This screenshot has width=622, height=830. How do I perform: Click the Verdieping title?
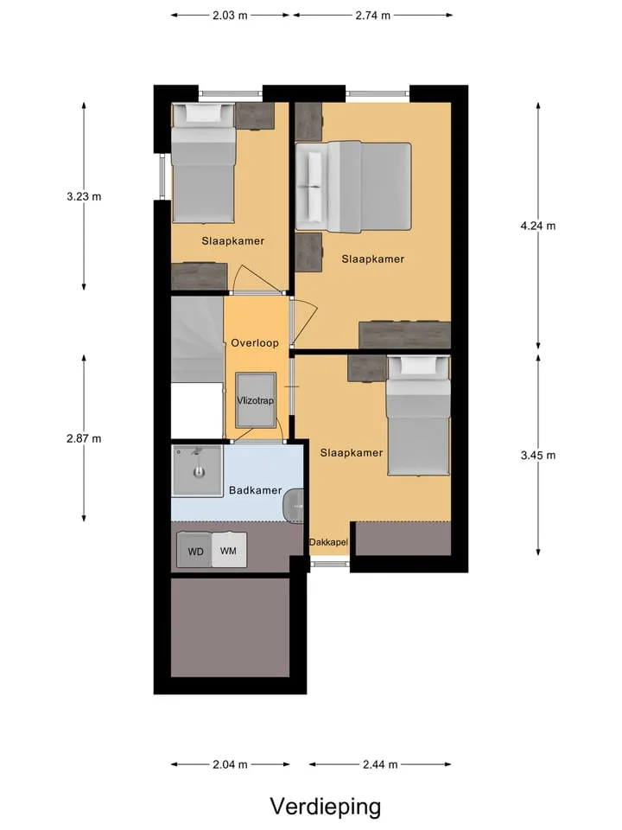point(326,807)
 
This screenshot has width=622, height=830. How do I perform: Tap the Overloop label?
point(255,343)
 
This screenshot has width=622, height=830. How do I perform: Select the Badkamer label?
point(255,490)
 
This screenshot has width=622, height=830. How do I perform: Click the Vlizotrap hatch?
point(256,400)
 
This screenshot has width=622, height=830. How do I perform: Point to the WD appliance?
point(194,551)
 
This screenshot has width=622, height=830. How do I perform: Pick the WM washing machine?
point(229,551)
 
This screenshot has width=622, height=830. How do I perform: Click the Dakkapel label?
point(328,542)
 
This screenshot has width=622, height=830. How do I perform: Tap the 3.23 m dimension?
point(84,196)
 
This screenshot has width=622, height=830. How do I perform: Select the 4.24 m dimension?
point(538,226)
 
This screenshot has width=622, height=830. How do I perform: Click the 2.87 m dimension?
point(84,438)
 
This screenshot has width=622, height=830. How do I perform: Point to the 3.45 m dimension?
point(538,456)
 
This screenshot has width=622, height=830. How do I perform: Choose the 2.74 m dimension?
point(373,16)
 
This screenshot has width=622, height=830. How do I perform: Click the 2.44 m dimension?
point(380,764)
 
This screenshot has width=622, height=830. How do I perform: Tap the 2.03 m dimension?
point(230,16)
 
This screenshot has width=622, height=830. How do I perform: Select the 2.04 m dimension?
point(230,764)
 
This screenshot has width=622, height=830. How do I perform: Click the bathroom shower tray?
point(197,470)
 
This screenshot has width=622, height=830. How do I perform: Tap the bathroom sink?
point(294,505)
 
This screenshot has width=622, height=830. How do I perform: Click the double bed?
point(353,187)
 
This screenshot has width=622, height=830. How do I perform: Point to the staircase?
point(197,339)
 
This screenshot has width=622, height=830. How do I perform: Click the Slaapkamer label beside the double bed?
point(373,259)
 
